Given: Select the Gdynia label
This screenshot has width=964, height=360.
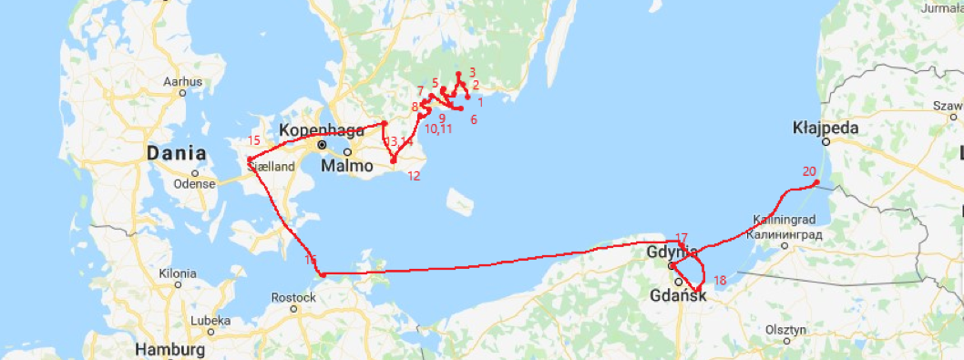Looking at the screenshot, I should click(671, 252).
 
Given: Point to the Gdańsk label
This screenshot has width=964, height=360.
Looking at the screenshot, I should click(678, 295).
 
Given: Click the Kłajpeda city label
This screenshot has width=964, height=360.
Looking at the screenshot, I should click(825, 128).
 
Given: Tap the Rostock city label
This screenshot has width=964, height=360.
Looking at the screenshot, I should click(293, 297).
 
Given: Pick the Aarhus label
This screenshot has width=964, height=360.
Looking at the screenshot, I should click(182, 82).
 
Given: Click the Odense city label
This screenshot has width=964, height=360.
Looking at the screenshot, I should click(195, 183).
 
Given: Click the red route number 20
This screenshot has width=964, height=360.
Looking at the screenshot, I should click(809, 171).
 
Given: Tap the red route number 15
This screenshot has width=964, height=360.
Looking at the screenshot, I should click(254, 140).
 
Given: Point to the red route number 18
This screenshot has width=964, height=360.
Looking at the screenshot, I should click(720, 280).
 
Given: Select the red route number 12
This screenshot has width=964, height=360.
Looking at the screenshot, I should click(414, 176).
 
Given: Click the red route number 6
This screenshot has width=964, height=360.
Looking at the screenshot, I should click(474, 119).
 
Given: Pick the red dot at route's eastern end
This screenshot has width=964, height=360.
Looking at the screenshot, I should click(816, 182).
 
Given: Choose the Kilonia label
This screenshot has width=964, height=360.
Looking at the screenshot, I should click(177, 273).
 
